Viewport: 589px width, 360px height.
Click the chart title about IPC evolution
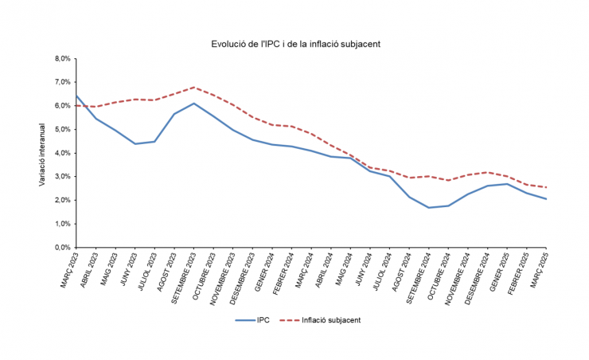(x=294, y=44)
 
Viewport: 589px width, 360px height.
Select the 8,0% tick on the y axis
(x=62, y=58)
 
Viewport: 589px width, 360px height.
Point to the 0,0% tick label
(x=62, y=248)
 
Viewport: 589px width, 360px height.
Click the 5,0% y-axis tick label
(x=62, y=129)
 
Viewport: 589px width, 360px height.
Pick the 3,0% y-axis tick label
(x=62, y=177)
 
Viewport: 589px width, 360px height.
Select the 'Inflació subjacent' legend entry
(x=318, y=319)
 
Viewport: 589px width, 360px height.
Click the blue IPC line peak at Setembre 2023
(x=193, y=104)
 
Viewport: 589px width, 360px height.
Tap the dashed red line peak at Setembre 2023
(x=193, y=88)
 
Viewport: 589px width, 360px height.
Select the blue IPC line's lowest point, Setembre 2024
(x=429, y=208)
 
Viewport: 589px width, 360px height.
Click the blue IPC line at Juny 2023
(x=135, y=144)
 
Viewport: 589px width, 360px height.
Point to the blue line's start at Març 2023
(x=76, y=96)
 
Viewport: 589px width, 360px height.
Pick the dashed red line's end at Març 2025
(x=547, y=188)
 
